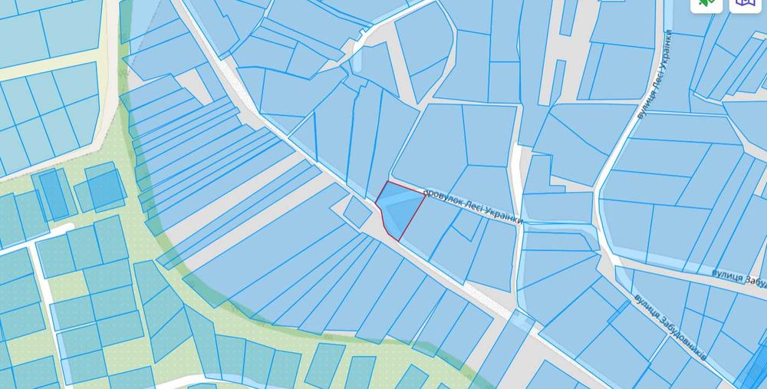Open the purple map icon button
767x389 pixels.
[x=743, y=4]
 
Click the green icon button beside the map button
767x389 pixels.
[x=706, y=4]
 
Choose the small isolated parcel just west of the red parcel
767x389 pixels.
[x=357, y=211]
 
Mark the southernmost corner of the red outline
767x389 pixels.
[x=399, y=240]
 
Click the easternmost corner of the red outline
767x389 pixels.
[x=425, y=195]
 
